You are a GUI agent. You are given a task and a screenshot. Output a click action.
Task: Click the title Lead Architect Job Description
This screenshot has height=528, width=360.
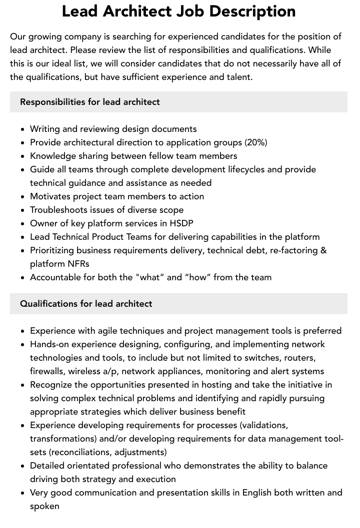tap(178, 11)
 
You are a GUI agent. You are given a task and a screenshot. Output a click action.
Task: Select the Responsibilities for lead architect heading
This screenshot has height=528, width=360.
tap(90, 102)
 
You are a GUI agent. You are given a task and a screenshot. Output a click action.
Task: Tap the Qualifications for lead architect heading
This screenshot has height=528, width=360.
tap(86, 304)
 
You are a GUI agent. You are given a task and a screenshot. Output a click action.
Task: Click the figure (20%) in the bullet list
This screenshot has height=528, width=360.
tap(255, 142)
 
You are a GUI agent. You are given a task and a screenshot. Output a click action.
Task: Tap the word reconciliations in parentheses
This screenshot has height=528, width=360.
tap(72, 452)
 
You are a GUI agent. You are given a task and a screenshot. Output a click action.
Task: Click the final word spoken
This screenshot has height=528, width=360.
tap(44, 506)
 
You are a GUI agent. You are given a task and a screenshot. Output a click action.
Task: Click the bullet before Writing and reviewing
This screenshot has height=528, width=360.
tap(22, 129)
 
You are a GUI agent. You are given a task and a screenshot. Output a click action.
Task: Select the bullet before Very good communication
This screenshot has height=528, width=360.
tap(22, 493)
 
